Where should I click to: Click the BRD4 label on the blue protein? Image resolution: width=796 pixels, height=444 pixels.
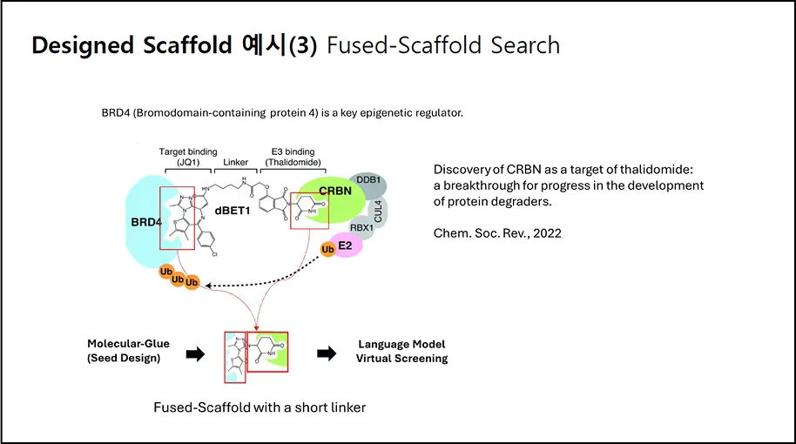[139, 221]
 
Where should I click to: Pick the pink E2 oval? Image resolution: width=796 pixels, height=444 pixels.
[345, 246]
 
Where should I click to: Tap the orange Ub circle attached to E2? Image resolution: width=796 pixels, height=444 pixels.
[328, 250]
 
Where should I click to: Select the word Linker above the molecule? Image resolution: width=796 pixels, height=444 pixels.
[235, 162]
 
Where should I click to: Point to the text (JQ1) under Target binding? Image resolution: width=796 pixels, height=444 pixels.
[188, 162]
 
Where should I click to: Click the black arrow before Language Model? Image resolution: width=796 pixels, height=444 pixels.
[326, 353]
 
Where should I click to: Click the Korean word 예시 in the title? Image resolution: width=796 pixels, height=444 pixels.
[261, 45]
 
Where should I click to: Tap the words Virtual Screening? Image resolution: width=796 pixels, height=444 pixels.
[402, 358]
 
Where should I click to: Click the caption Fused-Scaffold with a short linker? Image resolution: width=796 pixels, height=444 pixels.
[260, 407]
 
